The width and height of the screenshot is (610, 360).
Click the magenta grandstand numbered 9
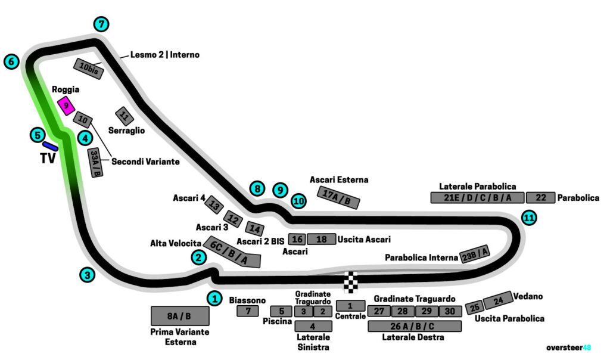[66, 106]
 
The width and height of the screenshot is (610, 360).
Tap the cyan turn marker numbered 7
[102, 24]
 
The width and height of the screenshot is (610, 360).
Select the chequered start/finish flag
[352, 282]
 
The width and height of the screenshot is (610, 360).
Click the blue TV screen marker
[50, 145]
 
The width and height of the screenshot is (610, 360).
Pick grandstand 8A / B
[179, 316]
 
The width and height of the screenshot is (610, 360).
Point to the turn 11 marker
[528, 218]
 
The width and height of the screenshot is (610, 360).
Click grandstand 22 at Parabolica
[540, 198]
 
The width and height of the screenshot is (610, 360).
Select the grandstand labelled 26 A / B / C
[415, 326]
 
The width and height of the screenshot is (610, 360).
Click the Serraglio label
[126, 130]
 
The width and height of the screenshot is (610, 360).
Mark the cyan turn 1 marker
[214, 297]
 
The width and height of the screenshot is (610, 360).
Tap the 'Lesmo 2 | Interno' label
[164, 55]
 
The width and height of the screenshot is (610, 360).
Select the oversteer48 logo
[568, 347]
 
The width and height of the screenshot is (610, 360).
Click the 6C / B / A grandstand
[232, 252]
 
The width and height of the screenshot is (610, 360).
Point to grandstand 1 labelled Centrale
[350, 306]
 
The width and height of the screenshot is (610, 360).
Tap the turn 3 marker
[88, 275]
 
